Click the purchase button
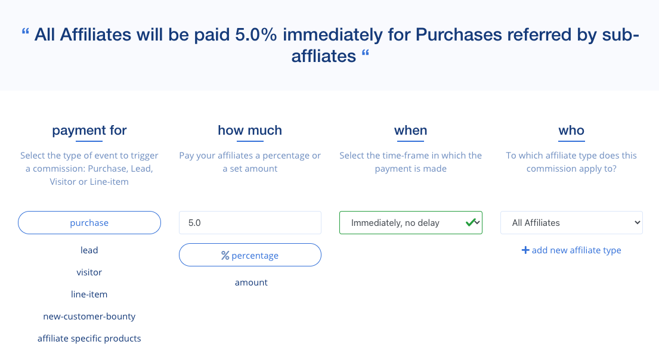[x=89, y=223]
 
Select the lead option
[x=89, y=250]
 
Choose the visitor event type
[x=89, y=272]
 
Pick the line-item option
[x=89, y=294]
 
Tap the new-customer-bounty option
[x=89, y=316]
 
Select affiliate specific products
[x=89, y=339]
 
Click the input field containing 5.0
[x=250, y=223]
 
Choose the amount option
[x=251, y=283]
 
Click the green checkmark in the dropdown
[x=470, y=222]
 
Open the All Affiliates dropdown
[x=571, y=223]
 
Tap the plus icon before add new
[x=525, y=250]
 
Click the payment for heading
[x=89, y=131]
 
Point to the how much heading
[x=250, y=131]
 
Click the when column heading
[x=410, y=131]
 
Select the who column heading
[x=571, y=131]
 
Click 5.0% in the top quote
[x=257, y=35]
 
